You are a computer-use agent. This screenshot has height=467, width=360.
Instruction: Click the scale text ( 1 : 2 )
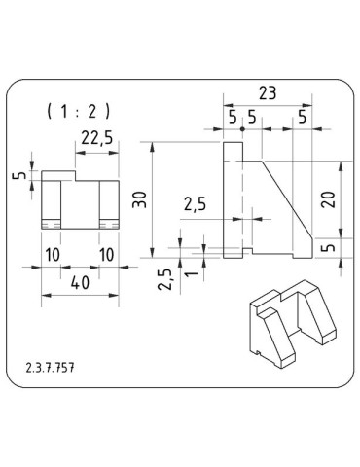tap(79, 112)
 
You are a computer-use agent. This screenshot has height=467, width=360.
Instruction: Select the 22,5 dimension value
tap(97, 138)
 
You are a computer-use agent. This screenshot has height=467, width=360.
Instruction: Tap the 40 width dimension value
tap(80, 283)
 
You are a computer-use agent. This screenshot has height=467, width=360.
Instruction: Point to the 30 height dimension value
tap(140, 199)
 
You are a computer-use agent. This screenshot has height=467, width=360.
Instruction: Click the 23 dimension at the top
tap(268, 93)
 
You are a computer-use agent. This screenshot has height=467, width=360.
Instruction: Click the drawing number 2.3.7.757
tap(50, 368)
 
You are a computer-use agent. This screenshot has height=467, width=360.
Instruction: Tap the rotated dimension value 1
tap(192, 273)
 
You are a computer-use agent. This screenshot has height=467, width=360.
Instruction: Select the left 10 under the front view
tap(53, 255)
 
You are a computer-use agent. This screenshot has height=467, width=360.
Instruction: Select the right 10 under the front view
tap(107, 255)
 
